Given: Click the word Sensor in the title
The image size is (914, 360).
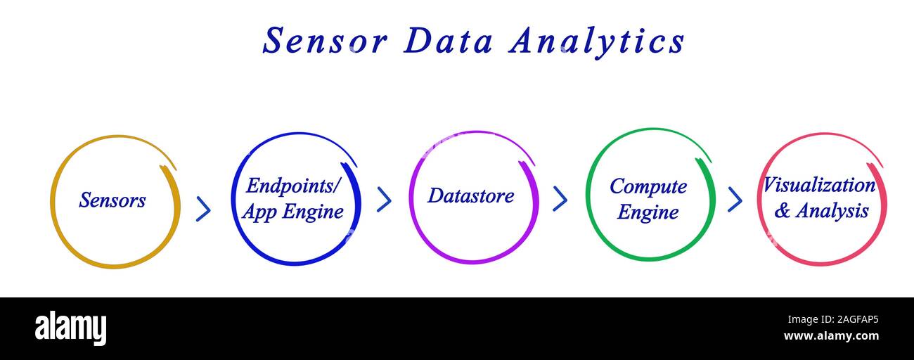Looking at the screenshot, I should pyautogui.click(x=325, y=41).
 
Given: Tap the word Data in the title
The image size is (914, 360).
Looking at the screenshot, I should pyautogui.click(x=448, y=41).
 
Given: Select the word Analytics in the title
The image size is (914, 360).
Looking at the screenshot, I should pyautogui.click(x=597, y=41).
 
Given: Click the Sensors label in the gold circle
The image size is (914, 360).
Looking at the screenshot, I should pyautogui.click(x=112, y=200).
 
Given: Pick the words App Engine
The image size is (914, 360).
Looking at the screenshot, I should pyautogui.click(x=292, y=212).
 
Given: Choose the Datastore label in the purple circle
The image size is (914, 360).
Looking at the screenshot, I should pyautogui.click(x=470, y=195).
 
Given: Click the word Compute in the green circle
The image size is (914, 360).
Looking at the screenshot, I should pyautogui.click(x=648, y=186).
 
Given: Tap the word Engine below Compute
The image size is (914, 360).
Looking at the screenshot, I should pyautogui.click(x=648, y=212).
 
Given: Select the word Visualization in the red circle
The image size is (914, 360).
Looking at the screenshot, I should pyautogui.click(x=819, y=186).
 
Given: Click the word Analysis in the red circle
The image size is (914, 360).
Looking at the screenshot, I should pyautogui.click(x=832, y=210).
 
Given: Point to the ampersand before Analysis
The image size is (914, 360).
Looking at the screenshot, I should pyautogui.click(x=782, y=211).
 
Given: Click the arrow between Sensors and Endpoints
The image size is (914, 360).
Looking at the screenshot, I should pyautogui.click(x=203, y=209).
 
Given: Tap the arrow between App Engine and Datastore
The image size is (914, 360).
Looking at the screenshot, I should pyautogui.click(x=384, y=199).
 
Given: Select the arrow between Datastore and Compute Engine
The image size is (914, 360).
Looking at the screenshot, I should pyautogui.click(x=560, y=199).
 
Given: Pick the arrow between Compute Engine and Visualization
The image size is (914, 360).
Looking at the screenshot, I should pyautogui.click(x=735, y=200).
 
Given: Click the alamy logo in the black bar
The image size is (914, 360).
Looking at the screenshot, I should pyautogui.click(x=70, y=328).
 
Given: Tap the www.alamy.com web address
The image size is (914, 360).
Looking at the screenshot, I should pyautogui.click(x=831, y=336).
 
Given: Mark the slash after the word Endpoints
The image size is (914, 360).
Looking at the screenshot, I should pyautogui.click(x=336, y=186).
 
